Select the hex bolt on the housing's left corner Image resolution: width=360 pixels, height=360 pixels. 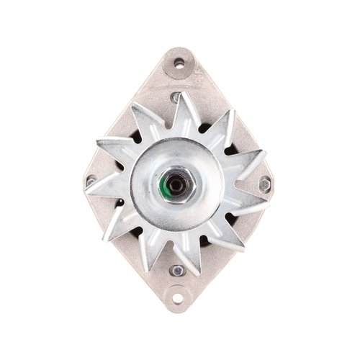(x=91, y=181)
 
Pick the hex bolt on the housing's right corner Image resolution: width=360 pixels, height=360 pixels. (x=265, y=184)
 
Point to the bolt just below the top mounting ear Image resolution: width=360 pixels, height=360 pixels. (x=176, y=96)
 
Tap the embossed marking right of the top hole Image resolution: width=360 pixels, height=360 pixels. (x=197, y=72)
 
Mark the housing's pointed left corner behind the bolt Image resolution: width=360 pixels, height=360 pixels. (x=84, y=180)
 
